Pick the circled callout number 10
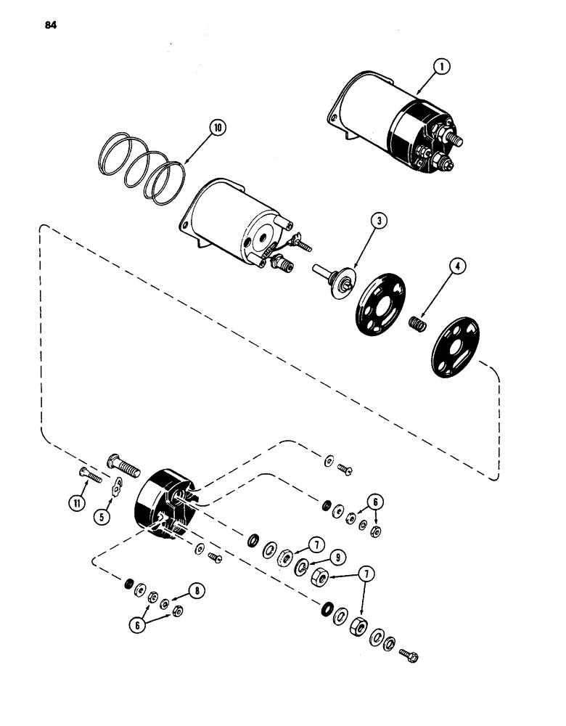click(x=217, y=129)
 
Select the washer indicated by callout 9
click(x=300, y=566)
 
